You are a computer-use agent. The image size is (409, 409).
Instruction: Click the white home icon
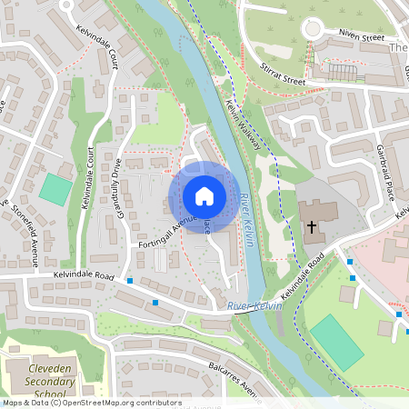tap(204, 195)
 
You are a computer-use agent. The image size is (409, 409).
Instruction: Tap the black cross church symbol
tap(312, 226)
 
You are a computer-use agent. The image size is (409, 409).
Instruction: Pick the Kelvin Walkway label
tap(243, 126)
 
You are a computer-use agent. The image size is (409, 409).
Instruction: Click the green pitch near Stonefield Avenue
tap(55, 189)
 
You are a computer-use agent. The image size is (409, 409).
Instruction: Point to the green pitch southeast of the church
tap(335, 342)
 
